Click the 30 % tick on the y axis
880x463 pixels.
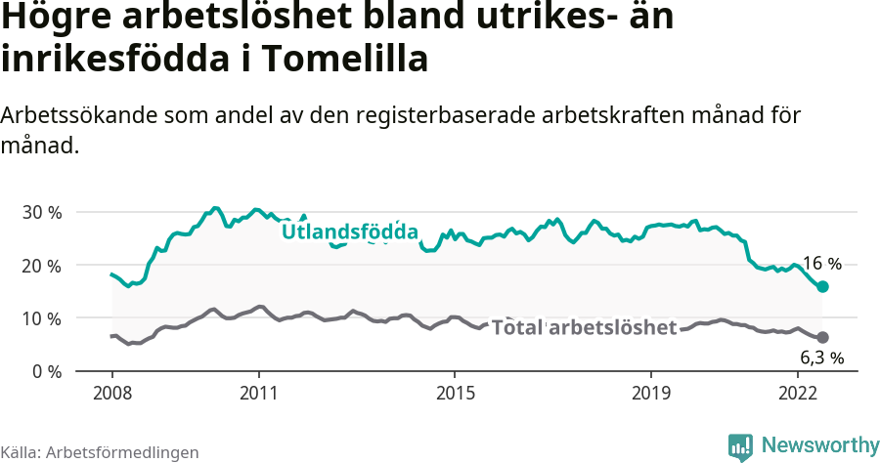[x=41, y=212]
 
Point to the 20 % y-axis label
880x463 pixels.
[x=41, y=265]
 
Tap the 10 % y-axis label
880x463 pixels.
[x=41, y=317]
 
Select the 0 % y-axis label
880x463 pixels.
[x=45, y=371]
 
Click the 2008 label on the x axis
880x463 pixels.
[x=111, y=393]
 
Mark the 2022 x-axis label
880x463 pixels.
[x=798, y=393]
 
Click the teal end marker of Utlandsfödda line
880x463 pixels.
[x=823, y=286]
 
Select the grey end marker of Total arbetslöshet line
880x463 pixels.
[x=823, y=337]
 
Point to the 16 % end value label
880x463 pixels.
[x=821, y=264]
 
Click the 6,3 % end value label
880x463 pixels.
[x=821, y=358]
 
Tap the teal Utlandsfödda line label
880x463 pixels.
[x=350, y=231]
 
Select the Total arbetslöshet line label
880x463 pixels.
[x=584, y=327]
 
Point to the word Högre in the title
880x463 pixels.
[x=58, y=18]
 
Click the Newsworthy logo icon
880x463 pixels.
[x=740, y=446]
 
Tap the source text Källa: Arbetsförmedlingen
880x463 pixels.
[x=100, y=452]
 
